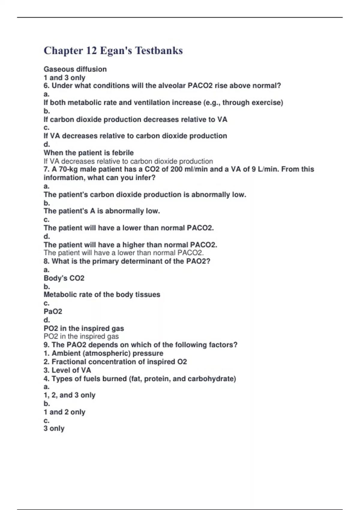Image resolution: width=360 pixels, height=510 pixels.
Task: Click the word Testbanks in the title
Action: (159, 50)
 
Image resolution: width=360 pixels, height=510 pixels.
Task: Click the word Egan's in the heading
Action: (116, 50)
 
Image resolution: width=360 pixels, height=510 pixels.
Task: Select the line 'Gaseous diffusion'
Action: (75, 69)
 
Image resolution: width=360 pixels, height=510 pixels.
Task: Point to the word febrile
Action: (122, 153)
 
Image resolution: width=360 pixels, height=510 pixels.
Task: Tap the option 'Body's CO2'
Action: (64, 278)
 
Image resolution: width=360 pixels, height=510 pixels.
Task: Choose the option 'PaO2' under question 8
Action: (53, 311)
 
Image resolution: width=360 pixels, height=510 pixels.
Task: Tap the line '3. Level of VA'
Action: (67, 370)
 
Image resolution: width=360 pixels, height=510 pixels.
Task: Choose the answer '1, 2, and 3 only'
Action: (69, 395)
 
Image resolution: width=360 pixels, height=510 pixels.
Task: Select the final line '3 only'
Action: (54, 428)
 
